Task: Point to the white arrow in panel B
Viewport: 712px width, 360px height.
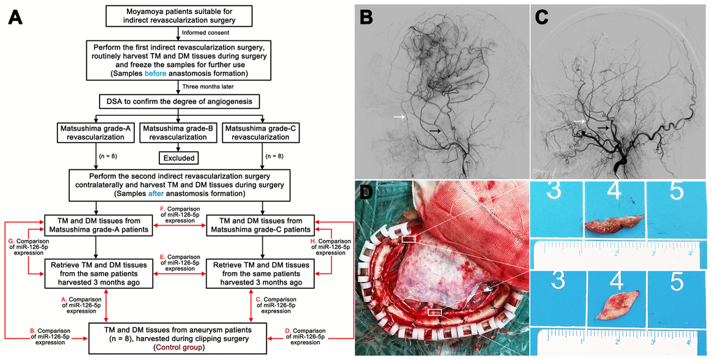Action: tap(398, 117)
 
